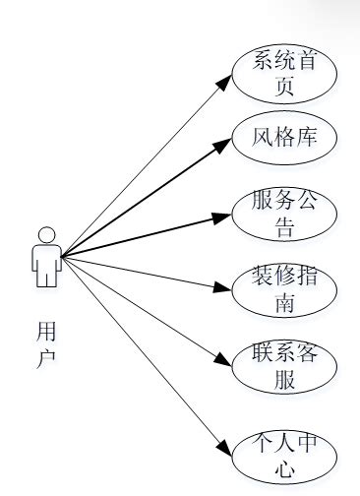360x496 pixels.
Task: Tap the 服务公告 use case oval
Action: (285, 215)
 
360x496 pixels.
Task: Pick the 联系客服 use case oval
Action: (285, 368)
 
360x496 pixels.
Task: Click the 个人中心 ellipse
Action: (285, 455)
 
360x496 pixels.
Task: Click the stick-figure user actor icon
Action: (45, 257)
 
